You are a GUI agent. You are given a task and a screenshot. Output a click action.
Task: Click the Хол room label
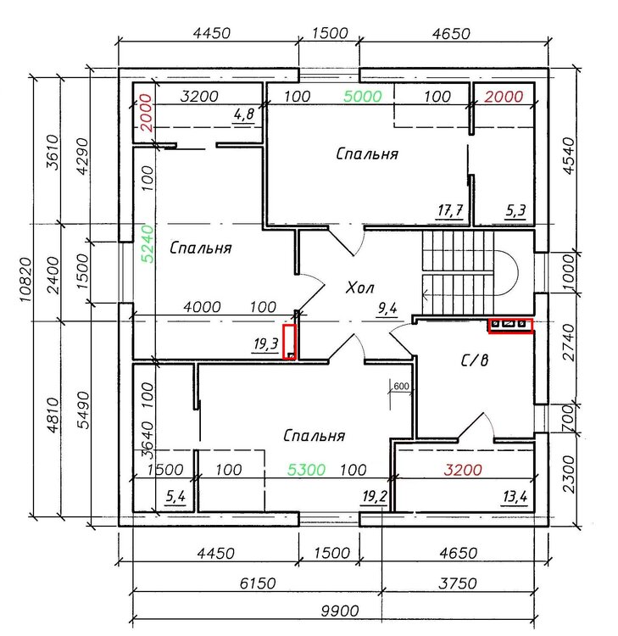click(360, 287)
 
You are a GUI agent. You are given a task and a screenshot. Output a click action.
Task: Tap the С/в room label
click(475, 360)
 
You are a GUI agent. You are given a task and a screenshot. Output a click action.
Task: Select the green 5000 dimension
click(363, 96)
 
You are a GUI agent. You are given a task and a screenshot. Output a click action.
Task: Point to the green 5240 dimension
click(148, 244)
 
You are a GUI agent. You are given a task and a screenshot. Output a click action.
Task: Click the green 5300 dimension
click(306, 470)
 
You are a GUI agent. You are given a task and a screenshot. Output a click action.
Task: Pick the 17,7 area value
click(450, 210)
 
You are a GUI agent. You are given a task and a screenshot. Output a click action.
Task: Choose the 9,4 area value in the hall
click(387, 309)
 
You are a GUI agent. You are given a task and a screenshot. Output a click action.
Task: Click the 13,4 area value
click(515, 496)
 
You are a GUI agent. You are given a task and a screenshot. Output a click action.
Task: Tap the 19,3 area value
click(265, 344)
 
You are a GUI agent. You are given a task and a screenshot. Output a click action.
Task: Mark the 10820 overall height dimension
click(25, 280)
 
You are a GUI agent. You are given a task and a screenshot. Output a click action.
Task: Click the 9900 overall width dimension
click(340, 611)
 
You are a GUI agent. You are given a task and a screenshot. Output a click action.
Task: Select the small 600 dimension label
click(401, 386)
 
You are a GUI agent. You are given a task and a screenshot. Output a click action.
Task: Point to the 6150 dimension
click(258, 583)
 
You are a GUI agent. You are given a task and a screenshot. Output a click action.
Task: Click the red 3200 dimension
click(463, 470)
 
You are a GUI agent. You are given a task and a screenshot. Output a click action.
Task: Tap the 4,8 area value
click(244, 114)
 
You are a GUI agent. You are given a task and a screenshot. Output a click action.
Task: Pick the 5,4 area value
click(175, 496)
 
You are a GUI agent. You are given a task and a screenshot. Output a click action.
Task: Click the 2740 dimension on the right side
click(569, 343)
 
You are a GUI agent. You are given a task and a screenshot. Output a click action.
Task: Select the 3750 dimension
click(458, 583)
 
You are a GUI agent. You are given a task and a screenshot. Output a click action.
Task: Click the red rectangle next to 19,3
click(289, 342)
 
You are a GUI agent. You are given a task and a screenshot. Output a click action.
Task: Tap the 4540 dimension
click(569, 156)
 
